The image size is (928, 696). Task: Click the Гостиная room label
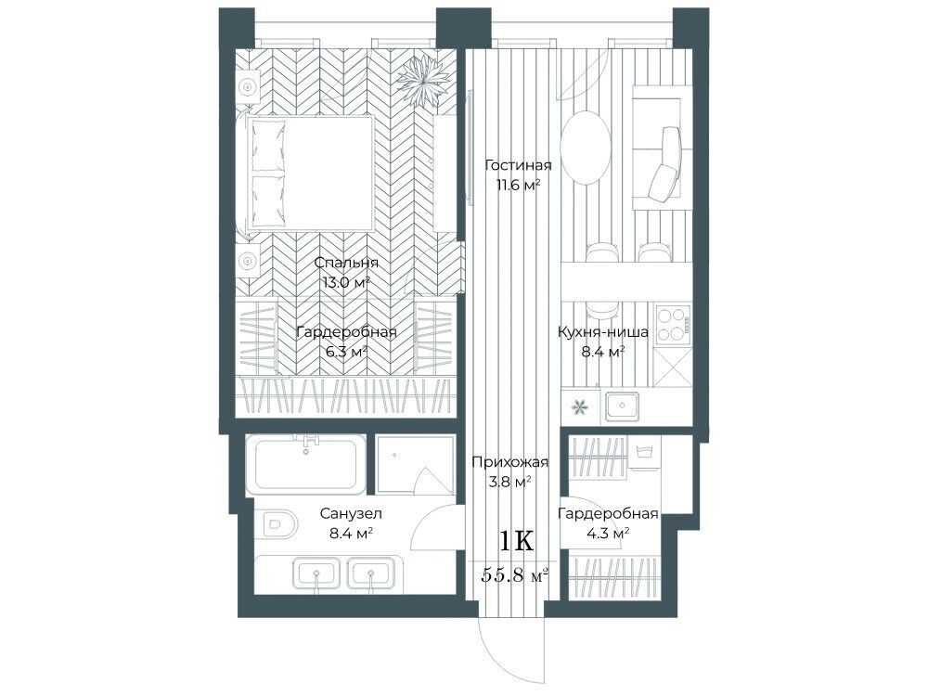click(x=518, y=165)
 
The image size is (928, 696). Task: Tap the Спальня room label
click(x=346, y=263)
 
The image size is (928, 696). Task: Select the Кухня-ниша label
click(x=603, y=332)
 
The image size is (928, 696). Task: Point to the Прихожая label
click(x=510, y=461)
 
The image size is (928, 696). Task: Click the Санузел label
click(x=351, y=513)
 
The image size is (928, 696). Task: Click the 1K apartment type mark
click(x=517, y=540)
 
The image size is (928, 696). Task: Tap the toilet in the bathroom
click(x=277, y=523)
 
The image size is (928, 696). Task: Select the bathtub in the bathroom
click(x=305, y=464)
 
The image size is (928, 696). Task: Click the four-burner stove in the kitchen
click(x=673, y=324)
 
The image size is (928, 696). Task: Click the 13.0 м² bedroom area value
click(x=346, y=282)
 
